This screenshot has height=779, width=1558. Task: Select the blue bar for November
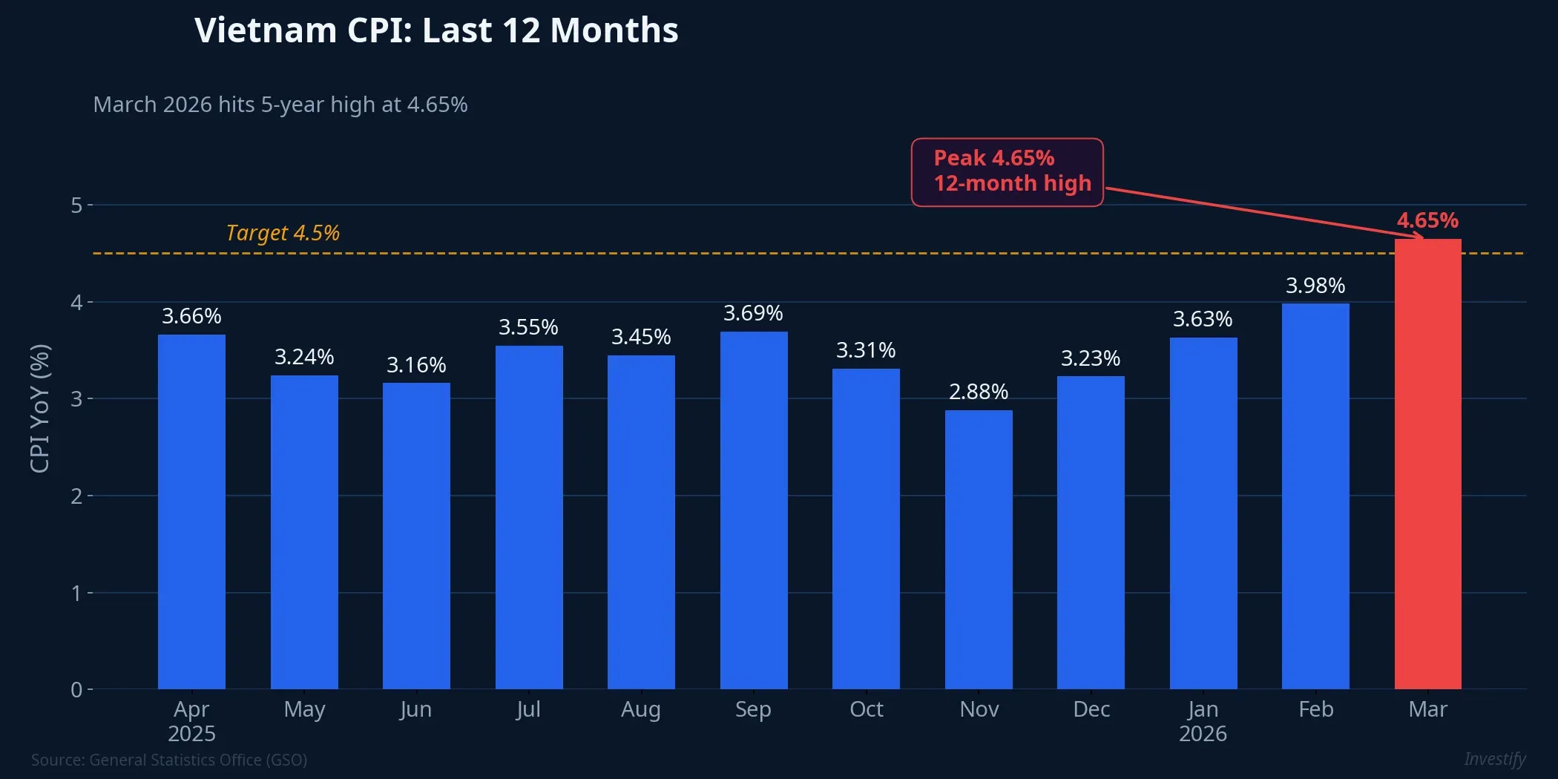[978, 549]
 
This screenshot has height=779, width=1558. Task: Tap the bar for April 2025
[191, 512]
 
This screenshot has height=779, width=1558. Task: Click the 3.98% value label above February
[1315, 286]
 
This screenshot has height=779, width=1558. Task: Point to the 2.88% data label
[978, 392]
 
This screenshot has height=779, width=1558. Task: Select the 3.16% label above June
[415, 365]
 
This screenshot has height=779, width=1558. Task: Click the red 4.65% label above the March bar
[1427, 220]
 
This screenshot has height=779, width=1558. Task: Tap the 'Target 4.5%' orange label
[283, 233]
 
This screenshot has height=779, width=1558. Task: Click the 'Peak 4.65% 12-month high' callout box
[1007, 171]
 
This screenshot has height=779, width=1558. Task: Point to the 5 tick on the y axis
[76, 205]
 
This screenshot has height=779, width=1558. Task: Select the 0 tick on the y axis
[76, 690]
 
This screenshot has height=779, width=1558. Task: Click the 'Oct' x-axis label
[866, 709]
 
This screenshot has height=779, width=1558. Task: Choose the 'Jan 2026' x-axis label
[1203, 721]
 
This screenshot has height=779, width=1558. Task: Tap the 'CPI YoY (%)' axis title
[39, 408]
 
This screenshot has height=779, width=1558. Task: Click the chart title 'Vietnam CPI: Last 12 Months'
[436, 31]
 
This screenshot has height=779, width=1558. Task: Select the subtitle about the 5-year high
[280, 105]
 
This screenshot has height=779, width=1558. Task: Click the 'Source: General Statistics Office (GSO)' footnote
[169, 760]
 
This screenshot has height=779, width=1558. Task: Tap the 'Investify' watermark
[1494, 759]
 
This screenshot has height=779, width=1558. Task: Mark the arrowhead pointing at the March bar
[1420, 237]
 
